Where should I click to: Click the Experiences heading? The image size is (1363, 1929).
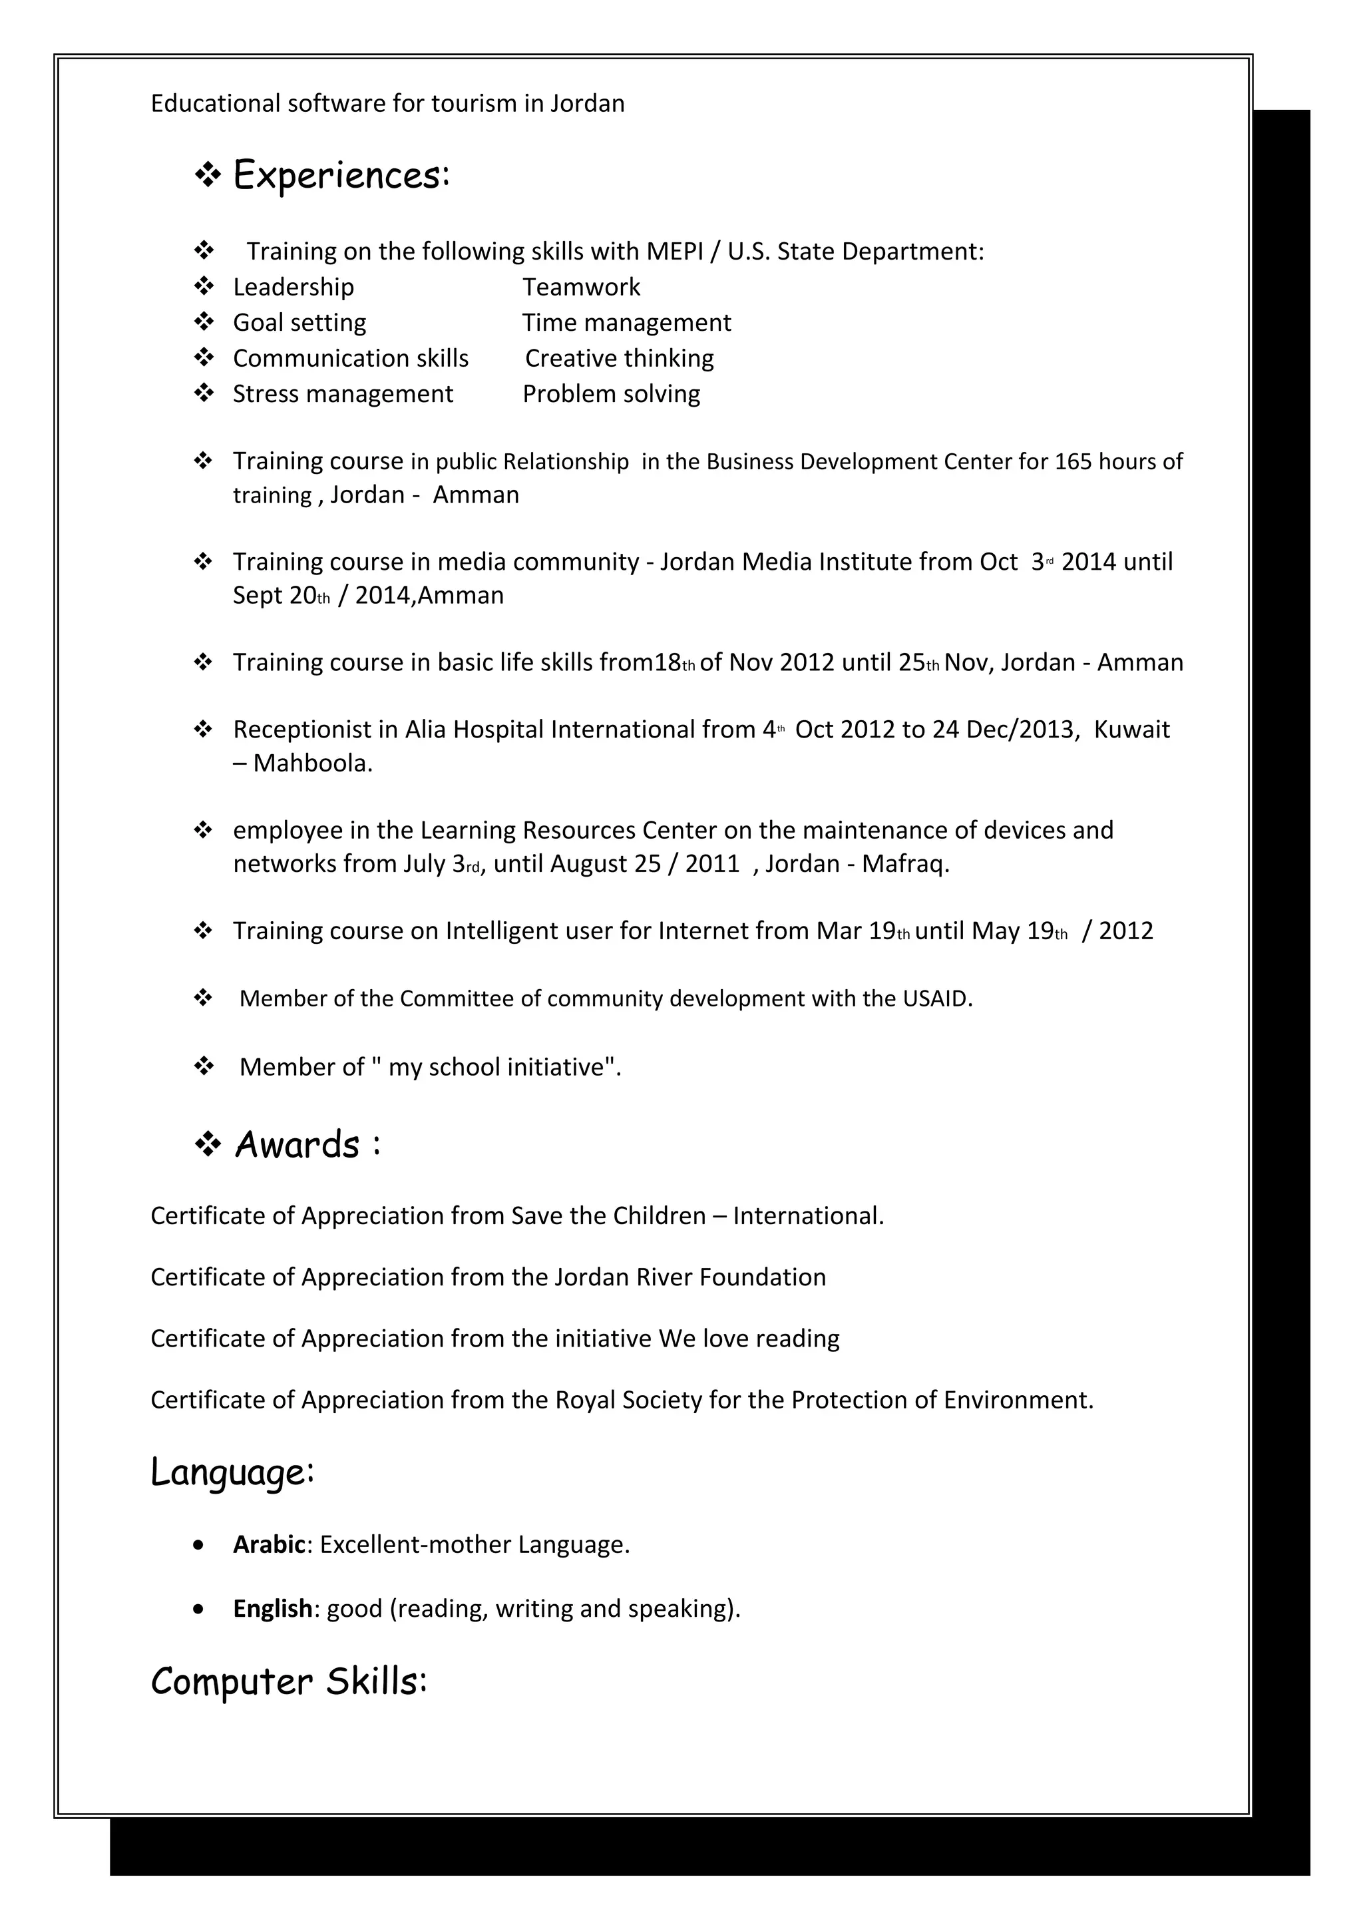341,176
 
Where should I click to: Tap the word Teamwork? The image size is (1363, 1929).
581,288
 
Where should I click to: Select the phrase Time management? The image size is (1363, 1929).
626,323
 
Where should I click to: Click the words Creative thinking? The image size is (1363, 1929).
620,359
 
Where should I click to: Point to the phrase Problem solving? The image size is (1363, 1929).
612,394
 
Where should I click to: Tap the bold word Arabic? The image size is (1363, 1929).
269,1545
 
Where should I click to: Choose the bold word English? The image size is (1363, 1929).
272,1609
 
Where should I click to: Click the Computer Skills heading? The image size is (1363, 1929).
289,1681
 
